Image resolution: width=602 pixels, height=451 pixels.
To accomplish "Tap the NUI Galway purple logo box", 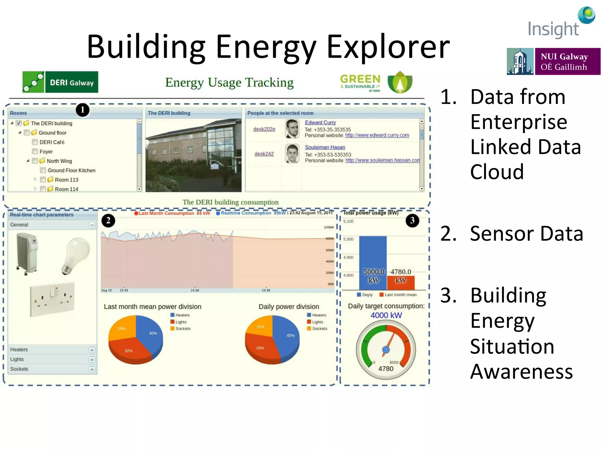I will pos(567,61).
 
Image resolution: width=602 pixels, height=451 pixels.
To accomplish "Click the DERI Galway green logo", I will pos(61,82).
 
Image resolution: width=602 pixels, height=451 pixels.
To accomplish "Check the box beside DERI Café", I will pos(35,142).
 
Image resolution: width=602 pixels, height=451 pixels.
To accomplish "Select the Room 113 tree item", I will pos(66,180).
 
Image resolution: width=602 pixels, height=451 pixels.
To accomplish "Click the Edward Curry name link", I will pos(320,122).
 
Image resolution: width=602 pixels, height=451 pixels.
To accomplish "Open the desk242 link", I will pos(264,154).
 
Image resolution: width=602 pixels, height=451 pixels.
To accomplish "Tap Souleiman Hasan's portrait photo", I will pos(292,153).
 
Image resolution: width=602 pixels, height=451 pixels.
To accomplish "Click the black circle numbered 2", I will pos(108,221).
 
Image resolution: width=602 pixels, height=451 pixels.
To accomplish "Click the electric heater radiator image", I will pos(27,253).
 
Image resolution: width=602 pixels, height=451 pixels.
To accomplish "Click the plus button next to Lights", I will pos(92,360).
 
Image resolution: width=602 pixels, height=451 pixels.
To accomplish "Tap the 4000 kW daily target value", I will pos(386,315).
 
